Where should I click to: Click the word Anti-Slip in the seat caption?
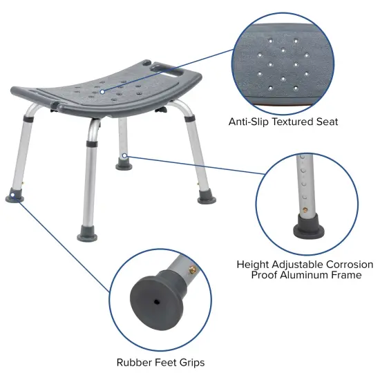pyautogui.click(x=247, y=122)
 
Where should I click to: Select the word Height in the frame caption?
pyautogui.click(x=253, y=265)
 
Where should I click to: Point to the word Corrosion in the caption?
pyautogui.click(x=347, y=265)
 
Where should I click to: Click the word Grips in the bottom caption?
pyautogui.click(x=190, y=362)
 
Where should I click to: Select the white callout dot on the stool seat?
pyautogui.click(x=103, y=91)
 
